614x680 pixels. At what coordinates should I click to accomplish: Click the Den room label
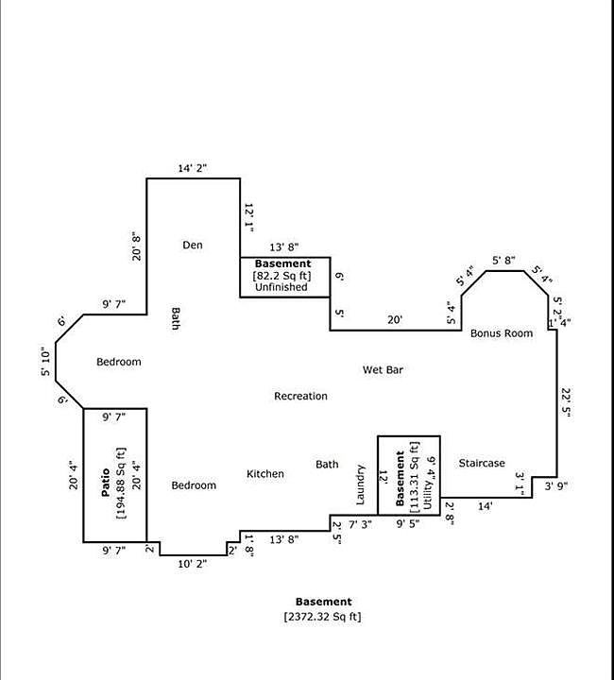[x=193, y=246]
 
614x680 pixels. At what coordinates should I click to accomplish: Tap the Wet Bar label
[x=384, y=370]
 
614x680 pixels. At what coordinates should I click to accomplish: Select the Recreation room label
[x=300, y=396]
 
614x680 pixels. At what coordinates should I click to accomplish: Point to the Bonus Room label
[x=502, y=333]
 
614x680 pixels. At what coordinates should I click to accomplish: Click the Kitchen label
[x=265, y=474]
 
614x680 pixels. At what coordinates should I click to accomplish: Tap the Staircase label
[x=482, y=464]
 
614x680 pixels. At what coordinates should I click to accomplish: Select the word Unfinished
[x=281, y=287]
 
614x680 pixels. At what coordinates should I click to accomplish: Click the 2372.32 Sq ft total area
[x=322, y=617]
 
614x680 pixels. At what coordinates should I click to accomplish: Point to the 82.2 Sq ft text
[x=281, y=276]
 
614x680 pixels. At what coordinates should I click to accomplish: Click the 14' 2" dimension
[x=193, y=168]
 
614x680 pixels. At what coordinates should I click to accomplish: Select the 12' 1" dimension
[x=249, y=216]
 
